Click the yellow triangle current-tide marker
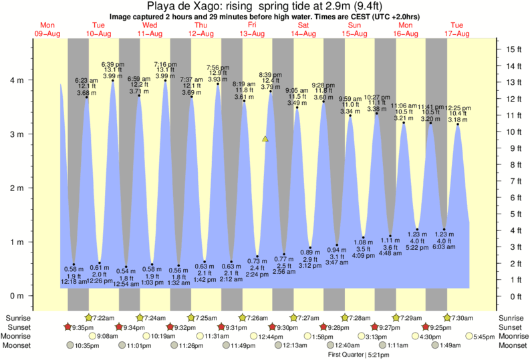pos(265,139)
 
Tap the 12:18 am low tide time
pos(74,282)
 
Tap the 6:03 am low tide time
pos(444,247)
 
